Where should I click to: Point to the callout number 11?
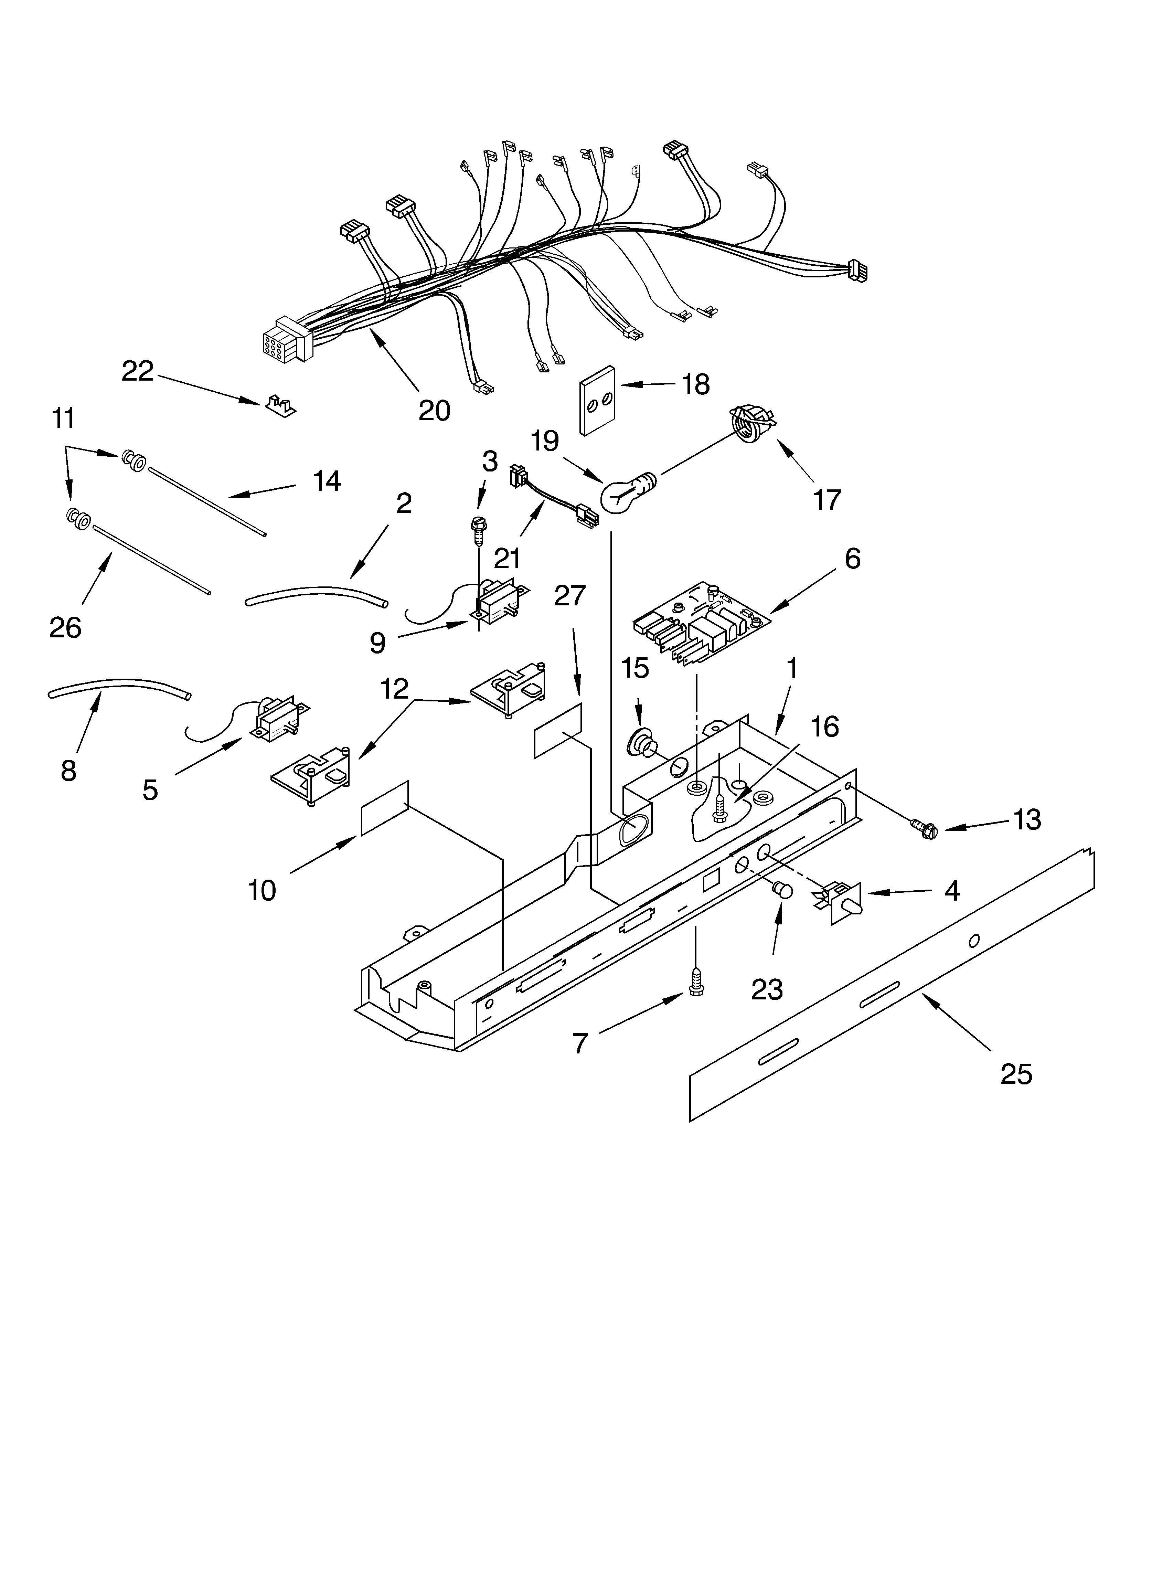coord(63,418)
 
